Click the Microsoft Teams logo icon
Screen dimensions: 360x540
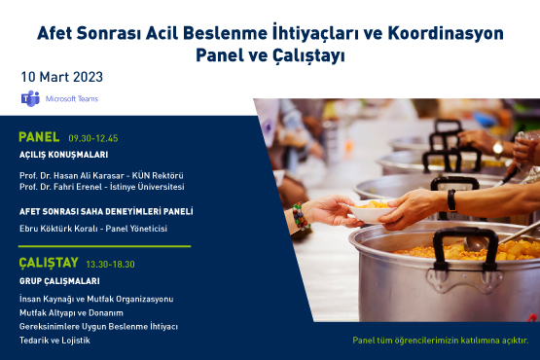[29, 98]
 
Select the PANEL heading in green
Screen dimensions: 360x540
[40, 137]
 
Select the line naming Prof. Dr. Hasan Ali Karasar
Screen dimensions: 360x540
[100, 175]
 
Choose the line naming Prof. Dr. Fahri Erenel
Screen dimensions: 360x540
[101, 187]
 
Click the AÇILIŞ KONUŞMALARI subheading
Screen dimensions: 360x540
[63, 155]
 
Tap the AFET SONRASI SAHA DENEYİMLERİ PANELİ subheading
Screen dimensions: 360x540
[106, 211]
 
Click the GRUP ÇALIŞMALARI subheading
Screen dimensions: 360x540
[59, 280]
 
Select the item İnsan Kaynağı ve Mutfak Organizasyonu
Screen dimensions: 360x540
[96, 298]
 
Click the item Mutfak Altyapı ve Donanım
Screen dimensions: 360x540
[71, 312]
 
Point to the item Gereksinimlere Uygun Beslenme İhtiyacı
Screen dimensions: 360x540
[98, 326]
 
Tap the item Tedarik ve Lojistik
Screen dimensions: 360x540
[54, 340]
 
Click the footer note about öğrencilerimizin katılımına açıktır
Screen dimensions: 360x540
[440, 341]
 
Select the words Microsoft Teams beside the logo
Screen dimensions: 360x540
[72, 99]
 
